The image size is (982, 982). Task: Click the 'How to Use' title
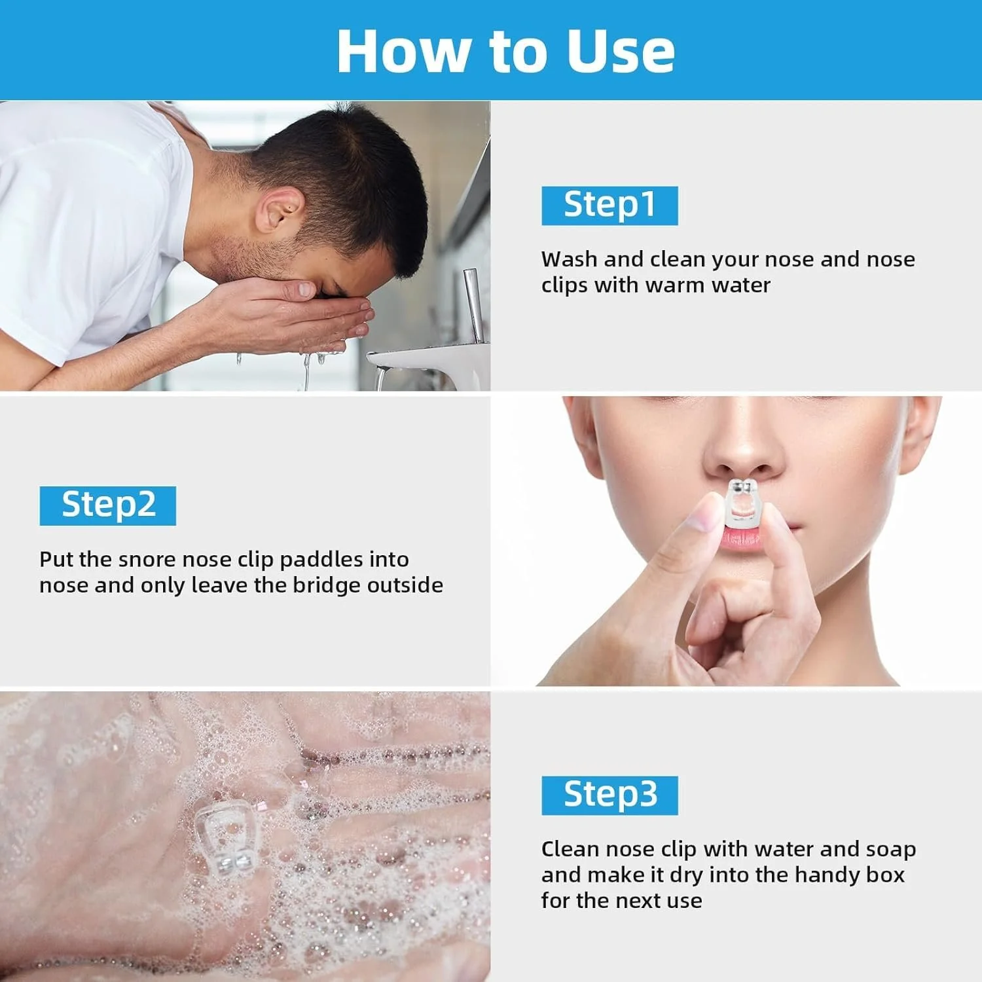pos(505,51)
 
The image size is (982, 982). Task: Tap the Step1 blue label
pos(609,206)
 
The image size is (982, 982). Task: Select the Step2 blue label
pos(108,505)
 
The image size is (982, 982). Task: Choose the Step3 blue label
pos(609,795)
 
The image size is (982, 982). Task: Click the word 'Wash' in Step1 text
pos(569,259)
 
